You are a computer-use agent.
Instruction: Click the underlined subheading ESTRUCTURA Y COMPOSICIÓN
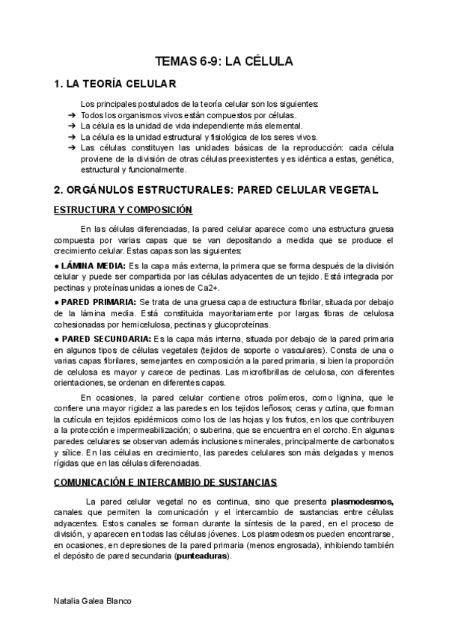123,210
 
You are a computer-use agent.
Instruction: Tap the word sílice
71,453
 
